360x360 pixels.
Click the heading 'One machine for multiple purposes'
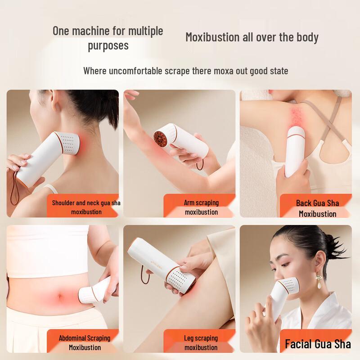coord(108,38)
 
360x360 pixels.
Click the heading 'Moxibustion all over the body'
coord(252,37)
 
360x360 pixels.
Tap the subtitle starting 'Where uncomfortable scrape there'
coord(186,71)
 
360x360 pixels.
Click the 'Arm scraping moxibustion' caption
coord(201,207)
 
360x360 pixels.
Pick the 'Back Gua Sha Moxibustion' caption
coord(317,208)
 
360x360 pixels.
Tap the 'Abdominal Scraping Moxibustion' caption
coord(85,342)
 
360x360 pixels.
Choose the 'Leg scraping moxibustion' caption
coord(201,342)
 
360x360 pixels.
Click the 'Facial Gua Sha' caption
coord(318,344)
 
